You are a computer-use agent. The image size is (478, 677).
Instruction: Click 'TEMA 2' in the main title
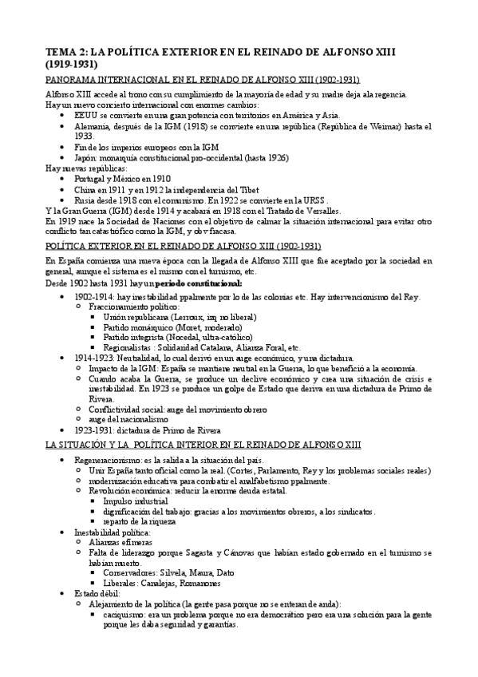click(65, 52)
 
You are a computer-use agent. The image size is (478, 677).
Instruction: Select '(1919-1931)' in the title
click(74, 64)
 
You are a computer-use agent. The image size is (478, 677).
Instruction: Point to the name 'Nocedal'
click(178, 338)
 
